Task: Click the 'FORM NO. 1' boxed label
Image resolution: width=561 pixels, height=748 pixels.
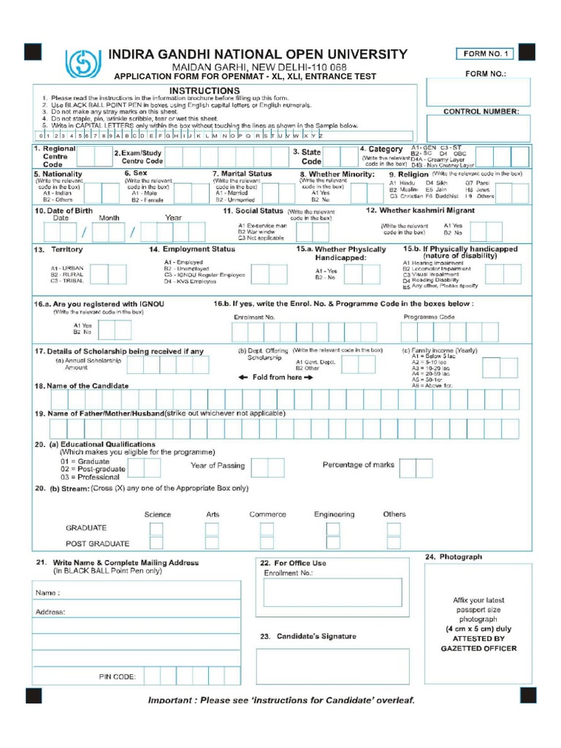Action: point(485,53)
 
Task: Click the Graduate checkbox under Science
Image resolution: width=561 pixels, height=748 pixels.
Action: point(157,528)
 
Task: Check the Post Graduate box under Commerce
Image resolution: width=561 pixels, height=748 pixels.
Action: point(267,544)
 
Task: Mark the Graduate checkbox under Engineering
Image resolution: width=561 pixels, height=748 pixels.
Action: point(334,528)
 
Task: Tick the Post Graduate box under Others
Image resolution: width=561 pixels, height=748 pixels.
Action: point(394,544)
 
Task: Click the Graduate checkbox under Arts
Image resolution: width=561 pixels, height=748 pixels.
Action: point(213,528)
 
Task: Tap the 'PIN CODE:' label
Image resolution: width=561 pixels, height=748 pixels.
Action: point(118,677)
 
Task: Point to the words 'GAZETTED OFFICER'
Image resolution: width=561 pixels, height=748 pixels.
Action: point(478,648)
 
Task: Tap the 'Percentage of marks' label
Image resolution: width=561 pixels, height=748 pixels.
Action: point(358,465)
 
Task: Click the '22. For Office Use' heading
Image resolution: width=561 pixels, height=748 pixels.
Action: point(293,563)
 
